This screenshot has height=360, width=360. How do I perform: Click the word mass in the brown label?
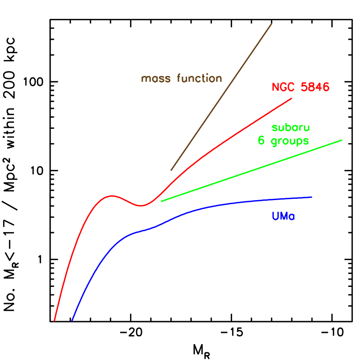156,79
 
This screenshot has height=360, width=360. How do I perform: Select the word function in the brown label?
199,79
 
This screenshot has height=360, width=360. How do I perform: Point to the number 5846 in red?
315,87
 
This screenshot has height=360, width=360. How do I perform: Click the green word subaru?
290,127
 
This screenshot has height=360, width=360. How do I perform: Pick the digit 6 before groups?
261,140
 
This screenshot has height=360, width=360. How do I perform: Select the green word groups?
290,141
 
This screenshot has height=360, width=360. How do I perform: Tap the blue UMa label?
283,216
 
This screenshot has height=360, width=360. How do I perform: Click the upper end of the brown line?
271,24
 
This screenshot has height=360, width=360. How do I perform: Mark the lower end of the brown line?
171,170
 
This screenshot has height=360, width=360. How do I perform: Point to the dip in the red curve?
141,206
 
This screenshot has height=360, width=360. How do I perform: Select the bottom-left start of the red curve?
55,321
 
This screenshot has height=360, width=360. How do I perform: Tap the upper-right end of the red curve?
292,98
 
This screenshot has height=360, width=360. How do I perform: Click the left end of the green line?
161,201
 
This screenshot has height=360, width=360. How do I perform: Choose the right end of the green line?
342,140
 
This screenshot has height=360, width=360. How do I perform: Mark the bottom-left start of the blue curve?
72,321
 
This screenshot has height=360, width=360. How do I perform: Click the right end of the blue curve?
312,197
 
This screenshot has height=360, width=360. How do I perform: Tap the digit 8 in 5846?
311,87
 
